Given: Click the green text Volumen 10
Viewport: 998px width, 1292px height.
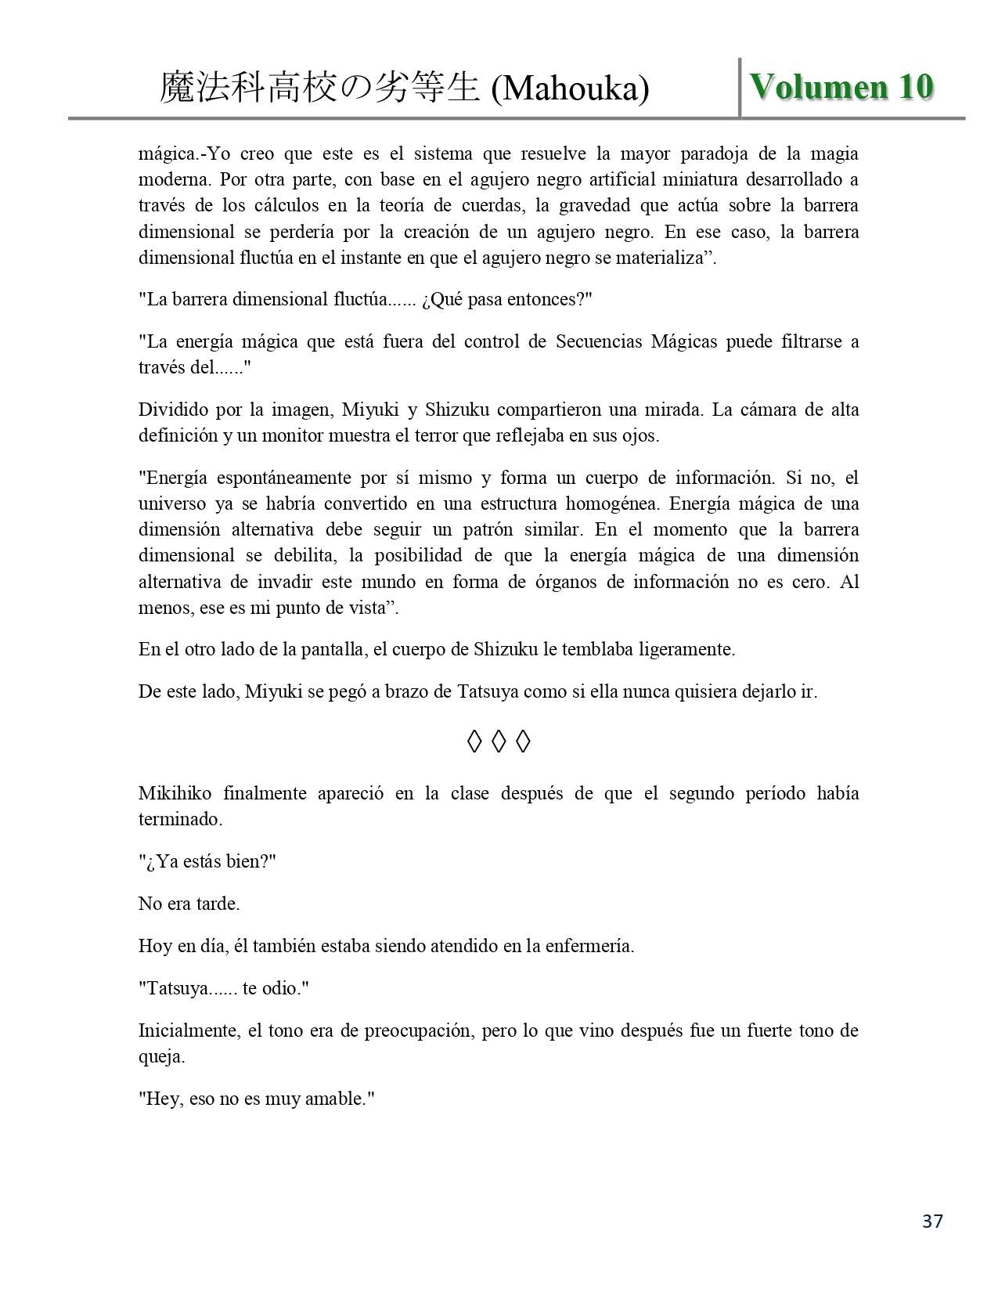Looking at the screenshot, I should coord(841,87).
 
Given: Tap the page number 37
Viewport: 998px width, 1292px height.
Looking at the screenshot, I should coord(932,1221).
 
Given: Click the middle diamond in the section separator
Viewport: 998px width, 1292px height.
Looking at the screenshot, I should coord(499,741).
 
